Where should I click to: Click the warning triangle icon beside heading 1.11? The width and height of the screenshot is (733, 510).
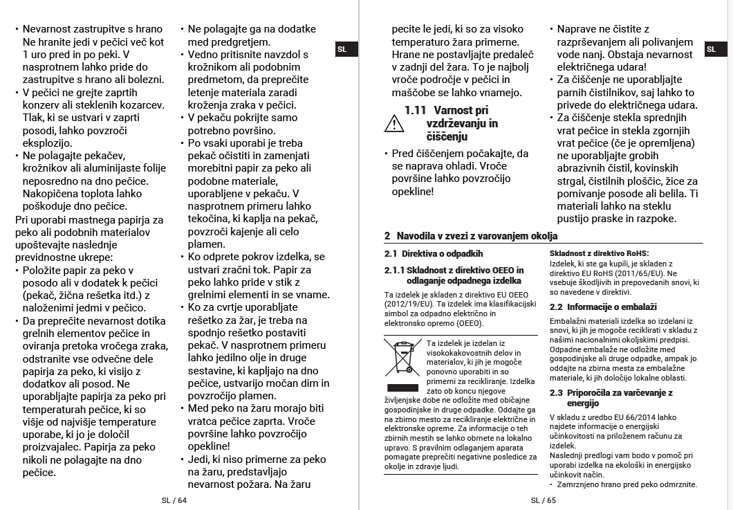tap(393, 124)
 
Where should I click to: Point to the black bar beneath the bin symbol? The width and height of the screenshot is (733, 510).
tap(402, 387)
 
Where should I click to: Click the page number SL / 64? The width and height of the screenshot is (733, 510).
tap(174, 500)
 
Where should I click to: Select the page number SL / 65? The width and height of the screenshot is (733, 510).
tap(544, 500)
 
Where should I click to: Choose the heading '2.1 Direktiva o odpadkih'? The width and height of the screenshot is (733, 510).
tap(434, 254)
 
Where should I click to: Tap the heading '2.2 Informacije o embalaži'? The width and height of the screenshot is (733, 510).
tap(602, 307)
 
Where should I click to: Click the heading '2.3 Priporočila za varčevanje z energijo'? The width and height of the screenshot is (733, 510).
tap(611, 398)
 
